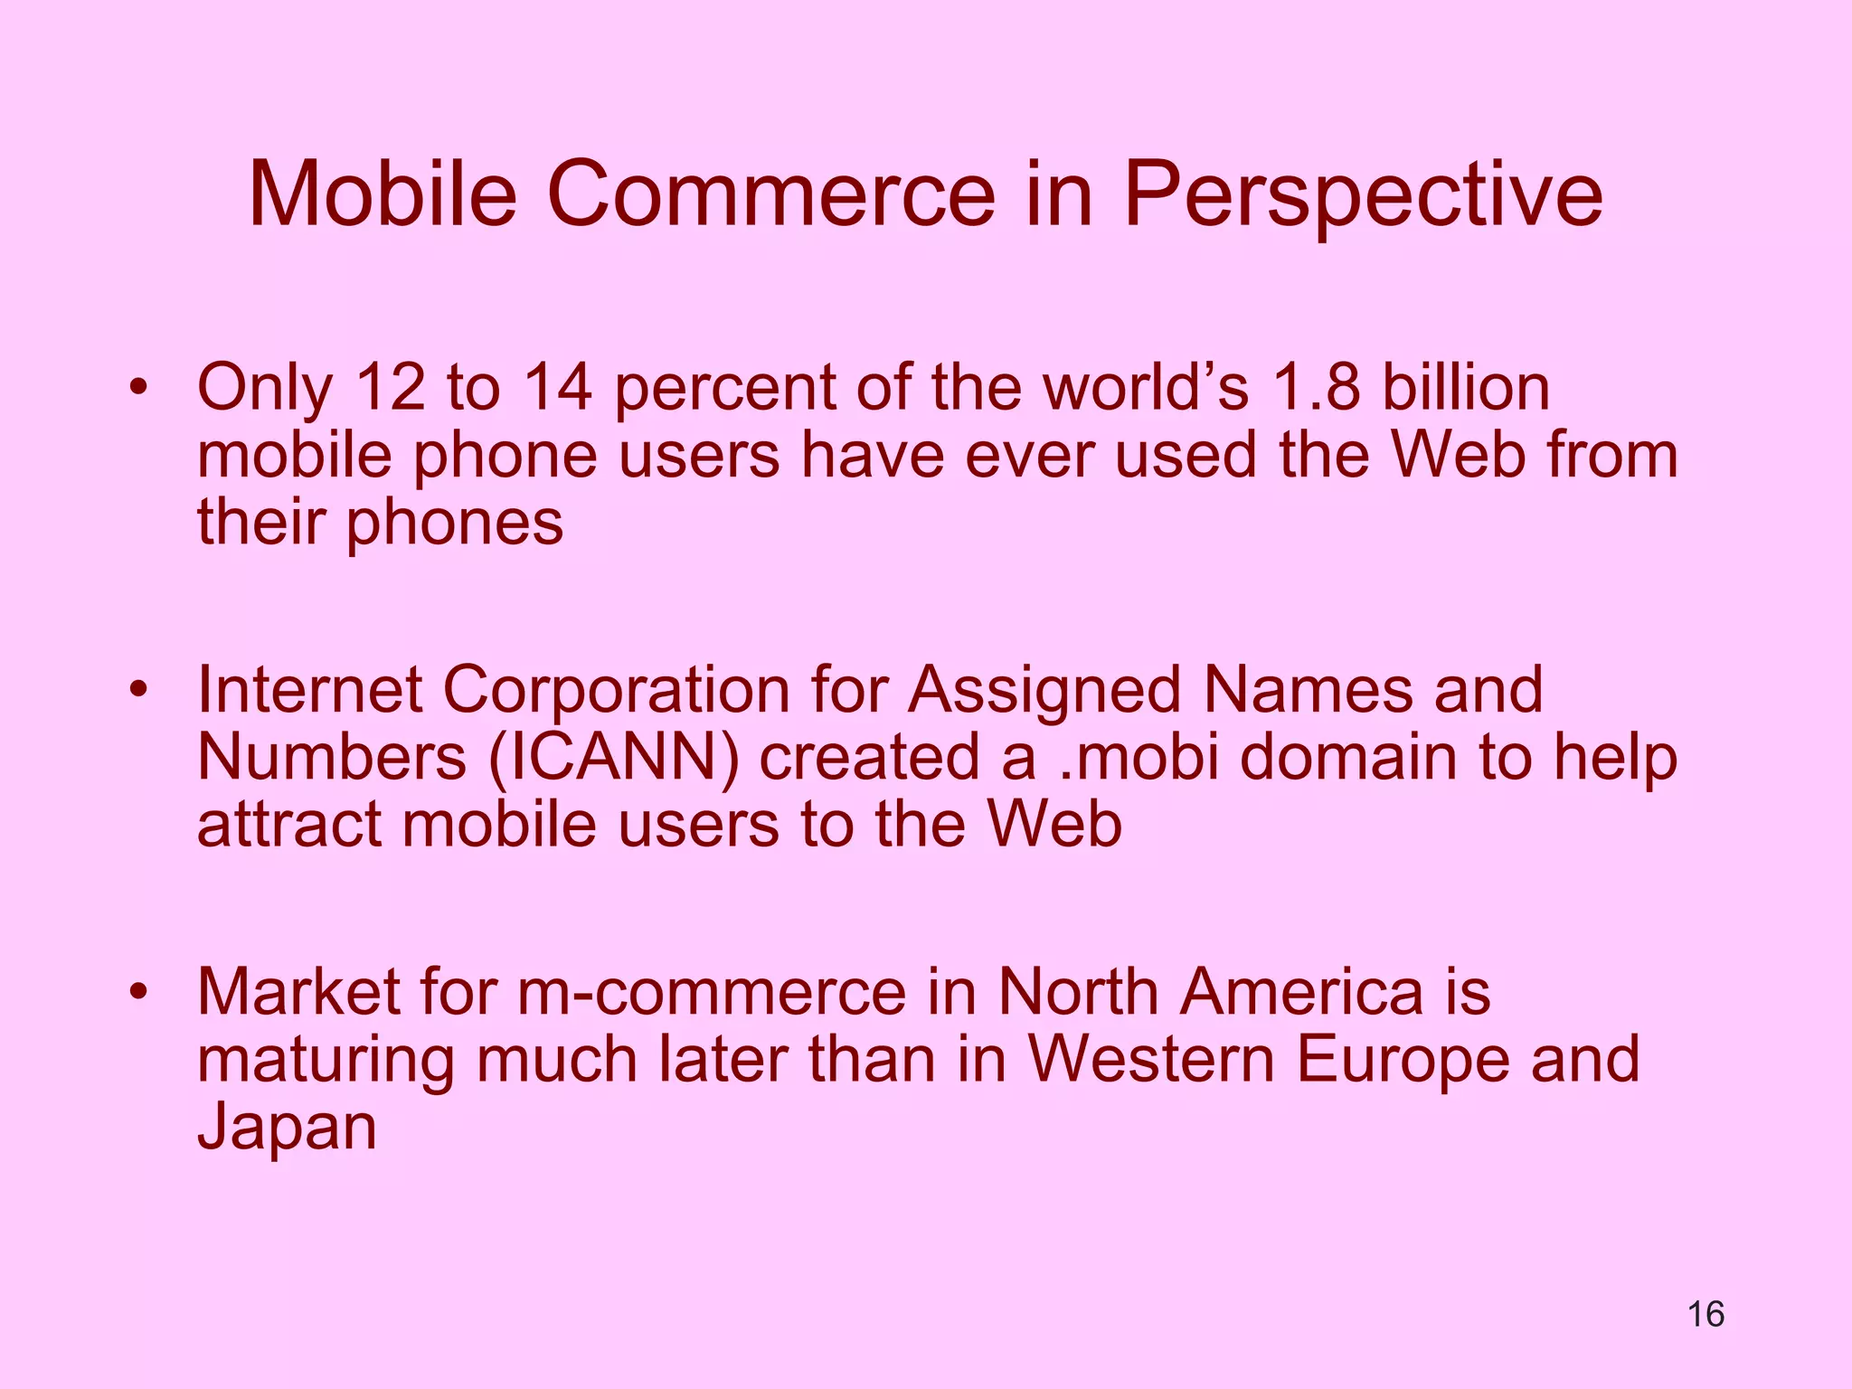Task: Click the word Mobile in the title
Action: pos(383,194)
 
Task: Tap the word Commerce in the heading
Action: pos(770,194)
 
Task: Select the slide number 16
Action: pos(1706,1314)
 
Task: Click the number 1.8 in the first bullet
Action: pos(1316,388)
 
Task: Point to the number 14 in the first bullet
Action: pos(558,388)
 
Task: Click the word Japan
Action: pos(287,1127)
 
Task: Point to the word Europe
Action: pos(1402,1059)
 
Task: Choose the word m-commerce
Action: pos(712,992)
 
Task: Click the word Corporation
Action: pos(616,690)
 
